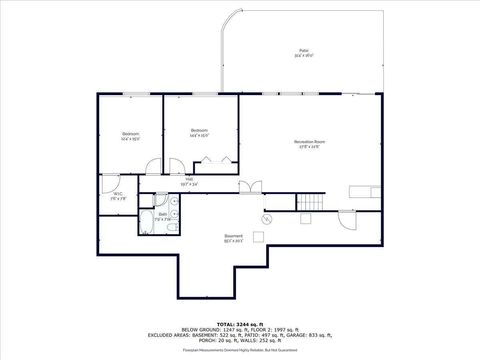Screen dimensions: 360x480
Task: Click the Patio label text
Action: tap(303, 53)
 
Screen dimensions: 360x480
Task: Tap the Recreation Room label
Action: tap(309, 143)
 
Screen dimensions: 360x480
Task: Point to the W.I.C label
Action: tap(117, 196)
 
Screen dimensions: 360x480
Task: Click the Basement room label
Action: tap(234, 239)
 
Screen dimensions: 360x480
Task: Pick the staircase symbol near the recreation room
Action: tap(311, 203)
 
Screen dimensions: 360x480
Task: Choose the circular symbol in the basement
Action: tap(267, 218)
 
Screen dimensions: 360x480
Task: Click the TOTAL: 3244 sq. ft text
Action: tap(239, 320)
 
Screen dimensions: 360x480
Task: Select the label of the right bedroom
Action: tap(199, 132)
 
